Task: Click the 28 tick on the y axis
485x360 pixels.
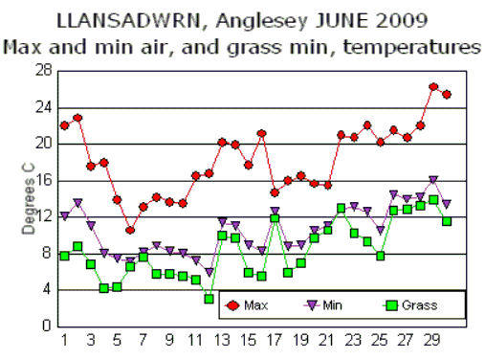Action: [x=43, y=71]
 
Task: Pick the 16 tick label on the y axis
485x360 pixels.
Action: [x=43, y=180]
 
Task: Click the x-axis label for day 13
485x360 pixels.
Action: [x=222, y=340]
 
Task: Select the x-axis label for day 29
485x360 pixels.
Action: [x=433, y=340]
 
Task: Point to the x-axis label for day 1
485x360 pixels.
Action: [x=64, y=340]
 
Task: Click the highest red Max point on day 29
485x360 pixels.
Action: [x=433, y=87]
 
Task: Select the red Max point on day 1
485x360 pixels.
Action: [x=64, y=125]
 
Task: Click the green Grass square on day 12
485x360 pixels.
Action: [x=209, y=298]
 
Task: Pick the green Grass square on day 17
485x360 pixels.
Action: [x=275, y=218]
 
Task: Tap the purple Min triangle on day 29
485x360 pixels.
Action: [x=433, y=180]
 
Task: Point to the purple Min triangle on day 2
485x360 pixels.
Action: [x=77, y=203]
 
